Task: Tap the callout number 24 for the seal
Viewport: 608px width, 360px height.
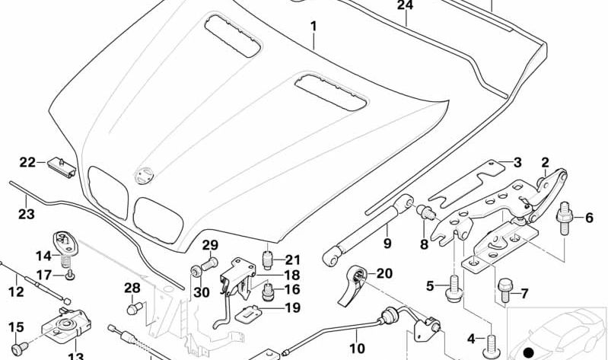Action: coord(405,6)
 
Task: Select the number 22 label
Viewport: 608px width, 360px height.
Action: coord(28,162)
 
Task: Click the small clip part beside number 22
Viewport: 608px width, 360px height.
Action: coord(60,165)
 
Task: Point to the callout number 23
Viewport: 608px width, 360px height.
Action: coord(26,215)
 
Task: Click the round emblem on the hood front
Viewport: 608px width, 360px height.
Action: coord(142,176)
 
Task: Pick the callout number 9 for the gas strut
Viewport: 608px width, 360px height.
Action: coord(387,244)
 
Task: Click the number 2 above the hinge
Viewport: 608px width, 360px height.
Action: coord(545,161)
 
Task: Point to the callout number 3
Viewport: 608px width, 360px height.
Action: coord(517,162)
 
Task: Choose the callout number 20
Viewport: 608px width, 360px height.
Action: coord(384,273)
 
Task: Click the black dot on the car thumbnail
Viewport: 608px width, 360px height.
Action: coord(529,352)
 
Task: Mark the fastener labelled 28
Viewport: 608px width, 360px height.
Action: coord(132,308)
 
